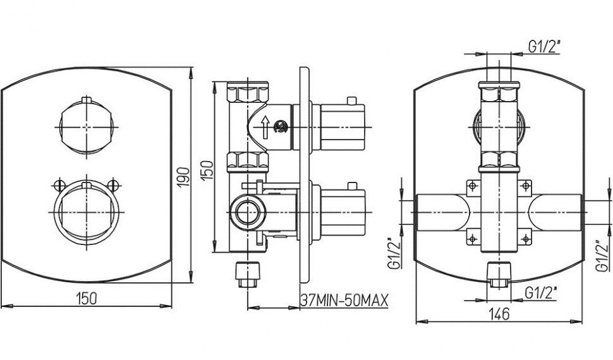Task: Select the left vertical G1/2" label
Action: pos(392,254)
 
